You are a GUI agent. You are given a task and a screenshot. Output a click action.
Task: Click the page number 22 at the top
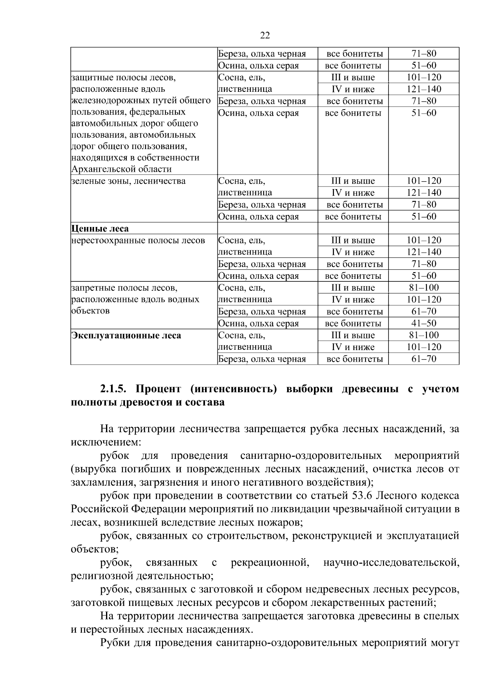pyautogui.click(x=265, y=35)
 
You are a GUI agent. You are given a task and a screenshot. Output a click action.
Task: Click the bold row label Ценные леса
pyautogui.click(x=100, y=229)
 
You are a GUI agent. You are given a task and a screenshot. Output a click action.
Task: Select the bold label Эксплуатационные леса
pyautogui.click(x=126, y=336)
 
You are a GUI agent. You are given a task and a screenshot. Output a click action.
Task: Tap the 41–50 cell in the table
pyautogui.click(x=424, y=323)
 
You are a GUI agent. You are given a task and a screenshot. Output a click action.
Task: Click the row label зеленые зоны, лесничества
pyautogui.click(x=128, y=181)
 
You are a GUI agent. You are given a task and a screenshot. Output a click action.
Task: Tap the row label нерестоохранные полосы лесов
pyautogui.click(x=138, y=241)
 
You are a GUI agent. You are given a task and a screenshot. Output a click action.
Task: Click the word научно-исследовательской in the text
pyautogui.click(x=391, y=563)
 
